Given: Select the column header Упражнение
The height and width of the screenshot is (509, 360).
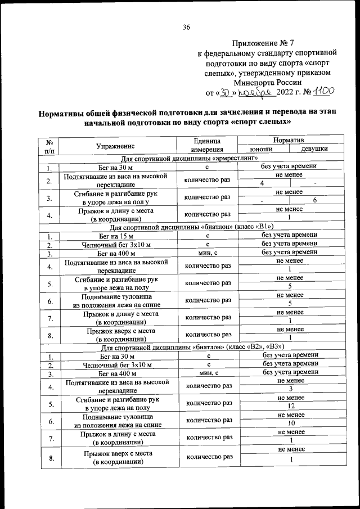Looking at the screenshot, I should (119, 145).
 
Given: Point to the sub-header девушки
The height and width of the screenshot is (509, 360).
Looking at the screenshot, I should (315, 148).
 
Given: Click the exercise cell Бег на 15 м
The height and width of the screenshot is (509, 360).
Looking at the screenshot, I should (119, 236).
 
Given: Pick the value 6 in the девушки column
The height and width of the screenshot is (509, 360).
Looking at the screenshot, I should (315, 201).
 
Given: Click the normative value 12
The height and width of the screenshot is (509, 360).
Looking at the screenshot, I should (290, 406).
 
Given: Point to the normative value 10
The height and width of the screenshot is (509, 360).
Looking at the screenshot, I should (290, 423).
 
